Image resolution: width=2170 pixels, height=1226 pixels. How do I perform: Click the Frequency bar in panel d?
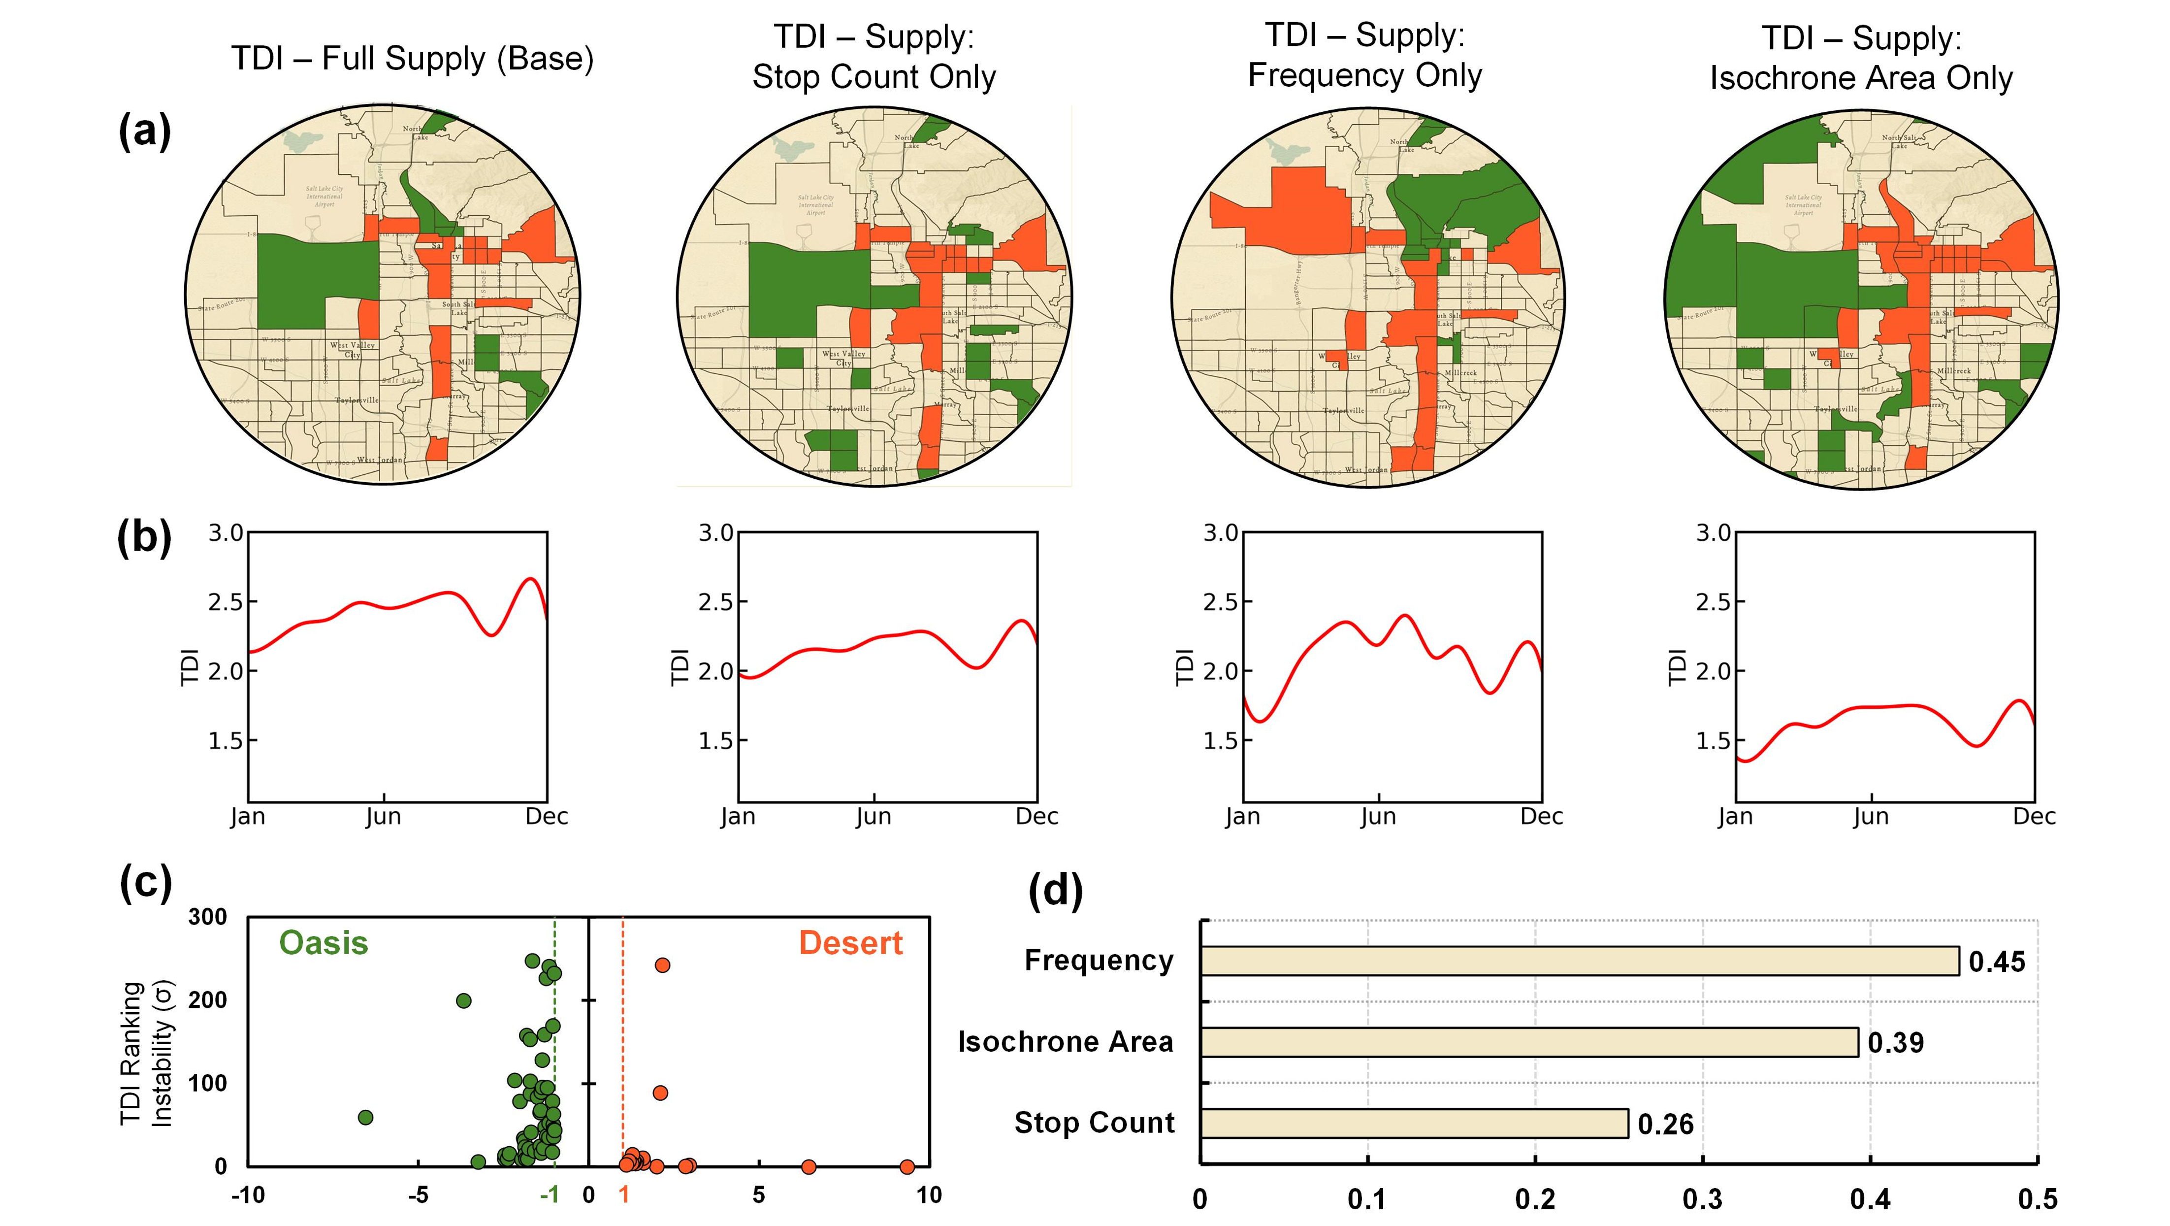(x=1580, y=961)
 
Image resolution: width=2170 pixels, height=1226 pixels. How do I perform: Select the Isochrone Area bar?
(x=1529, y=1042)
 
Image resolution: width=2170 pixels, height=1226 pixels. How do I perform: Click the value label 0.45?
(x=1997, y=961)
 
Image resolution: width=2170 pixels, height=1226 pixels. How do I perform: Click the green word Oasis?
(x=324, y=943)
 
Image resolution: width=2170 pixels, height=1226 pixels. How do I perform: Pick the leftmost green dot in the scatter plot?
(x=365, y=1117)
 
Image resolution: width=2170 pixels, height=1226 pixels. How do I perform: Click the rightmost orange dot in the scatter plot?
(x=907, y=1167)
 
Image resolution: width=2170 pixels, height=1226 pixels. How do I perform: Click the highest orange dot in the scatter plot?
(x=662, y=965)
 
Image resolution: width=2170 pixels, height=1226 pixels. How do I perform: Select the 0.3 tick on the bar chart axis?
(x=1703, y=1198)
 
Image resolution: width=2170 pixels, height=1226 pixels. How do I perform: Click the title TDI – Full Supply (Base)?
(x=412, y=59)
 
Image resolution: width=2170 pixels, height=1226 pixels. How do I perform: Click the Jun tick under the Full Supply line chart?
(x=383, y=817)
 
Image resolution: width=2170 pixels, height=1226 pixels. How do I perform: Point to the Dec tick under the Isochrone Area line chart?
(x=2035, y=817)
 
